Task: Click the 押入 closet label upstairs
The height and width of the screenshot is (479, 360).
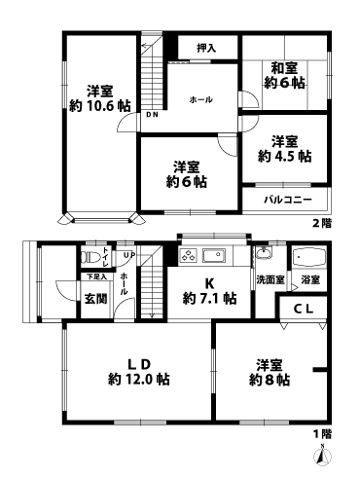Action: click(x=204, y=47)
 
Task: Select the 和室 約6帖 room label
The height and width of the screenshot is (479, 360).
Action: click(x=285, y=75)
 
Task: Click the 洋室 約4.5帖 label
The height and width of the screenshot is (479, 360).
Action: click(x=285, y=148)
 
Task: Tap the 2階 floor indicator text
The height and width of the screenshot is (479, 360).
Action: click(x=321, y=223)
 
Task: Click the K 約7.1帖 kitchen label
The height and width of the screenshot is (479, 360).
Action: click(x=204, y=291)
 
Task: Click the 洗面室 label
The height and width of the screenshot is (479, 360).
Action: click(x=270, y=279)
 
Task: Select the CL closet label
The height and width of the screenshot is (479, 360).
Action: click(x=304, y=310)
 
